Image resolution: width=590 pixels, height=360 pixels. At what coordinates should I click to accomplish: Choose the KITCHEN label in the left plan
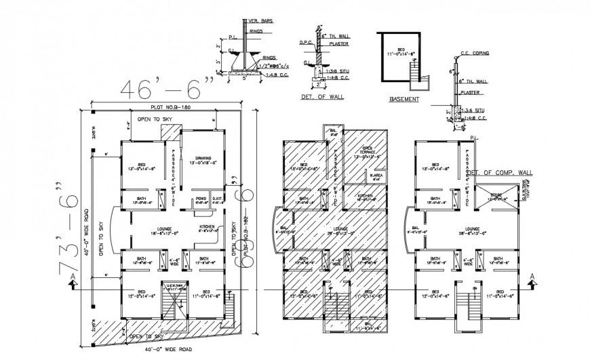click(x=207, y=227)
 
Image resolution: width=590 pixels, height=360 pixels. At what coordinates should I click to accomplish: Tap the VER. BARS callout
click(x=260, y=20)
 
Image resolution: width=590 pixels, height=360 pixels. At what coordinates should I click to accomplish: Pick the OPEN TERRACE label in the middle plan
click(x=370, y=151)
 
